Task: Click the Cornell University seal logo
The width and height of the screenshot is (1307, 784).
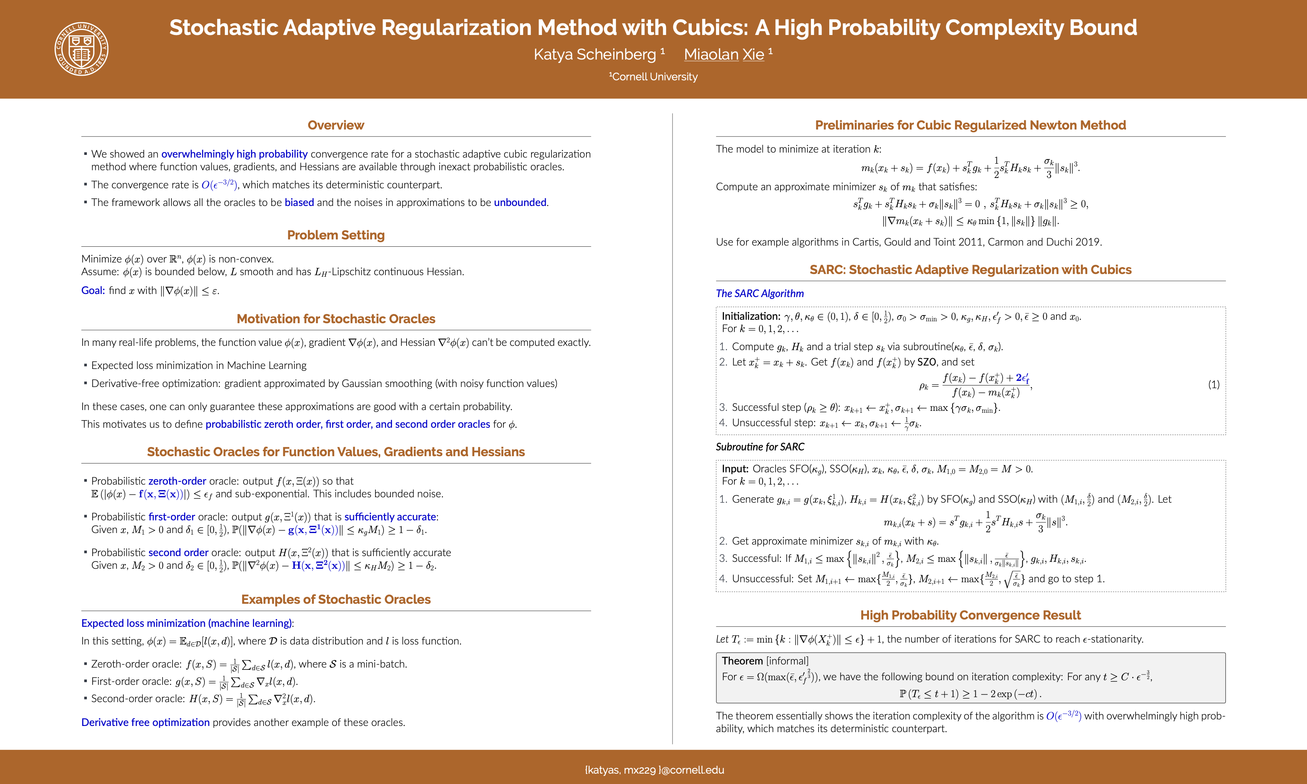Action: tap(81, 48)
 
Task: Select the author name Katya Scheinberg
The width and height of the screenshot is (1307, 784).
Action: tap(595, 55)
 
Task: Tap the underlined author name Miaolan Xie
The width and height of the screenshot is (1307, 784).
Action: tap(724, 55)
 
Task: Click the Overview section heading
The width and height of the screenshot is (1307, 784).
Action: tap(335, 125)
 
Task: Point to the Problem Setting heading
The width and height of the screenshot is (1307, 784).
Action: tap(335, 235)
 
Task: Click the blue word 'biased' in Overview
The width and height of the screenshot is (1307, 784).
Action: tap(299, 202)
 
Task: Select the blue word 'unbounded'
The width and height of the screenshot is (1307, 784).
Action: tap(520, 202)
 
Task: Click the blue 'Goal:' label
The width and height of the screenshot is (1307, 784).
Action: tap(93, 291)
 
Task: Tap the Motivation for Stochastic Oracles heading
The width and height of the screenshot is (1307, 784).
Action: tap(335, 319)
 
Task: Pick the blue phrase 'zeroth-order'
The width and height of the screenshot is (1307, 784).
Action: tap(177, 481)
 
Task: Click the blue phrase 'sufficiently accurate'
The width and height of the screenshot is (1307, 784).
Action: tap(390, 517)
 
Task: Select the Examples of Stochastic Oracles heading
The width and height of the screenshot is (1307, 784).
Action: tap(335, 600)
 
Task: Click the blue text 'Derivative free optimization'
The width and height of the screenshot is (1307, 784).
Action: tap(145, 722)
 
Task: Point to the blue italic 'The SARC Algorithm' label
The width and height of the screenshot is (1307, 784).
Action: tap(760, 294)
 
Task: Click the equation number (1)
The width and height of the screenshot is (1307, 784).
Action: tap(1214, 385)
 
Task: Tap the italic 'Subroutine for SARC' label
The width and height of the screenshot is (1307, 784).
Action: tap(760, 447)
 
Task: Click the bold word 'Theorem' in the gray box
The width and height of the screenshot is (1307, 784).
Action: tap(742, 661)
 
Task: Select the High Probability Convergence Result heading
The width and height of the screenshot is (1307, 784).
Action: tap(970, 615)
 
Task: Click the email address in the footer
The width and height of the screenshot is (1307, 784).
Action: tap(654, 770)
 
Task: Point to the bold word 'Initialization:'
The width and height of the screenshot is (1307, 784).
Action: tap(751, 316)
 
